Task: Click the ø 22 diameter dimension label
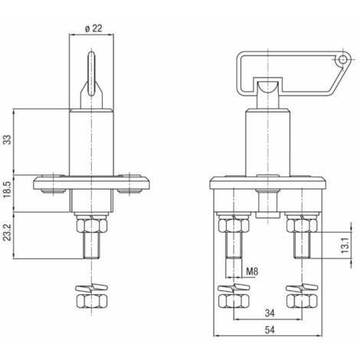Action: click(x=93, y=28)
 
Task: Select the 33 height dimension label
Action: click(x=8, y=139)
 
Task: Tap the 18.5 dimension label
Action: click(x=8, y=188)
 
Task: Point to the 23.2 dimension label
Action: click(x=8, y=232)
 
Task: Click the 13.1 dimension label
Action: click(x=345, y=244)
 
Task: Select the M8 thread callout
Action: click(x=252, y=271)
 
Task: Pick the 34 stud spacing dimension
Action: click(x=270, y=313)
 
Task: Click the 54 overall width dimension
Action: click(x=270, y=330)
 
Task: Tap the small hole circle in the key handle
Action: click(x=342, y=60)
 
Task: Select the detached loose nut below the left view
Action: click(x=91, y=301)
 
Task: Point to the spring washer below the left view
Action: click(x=91, y=288)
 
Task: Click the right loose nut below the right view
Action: click(x=302, y=301)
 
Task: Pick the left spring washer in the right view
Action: click(x=234, y=288)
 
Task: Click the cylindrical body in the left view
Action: click(x=91, y=142)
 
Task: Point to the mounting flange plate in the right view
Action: click(x=267, y=183)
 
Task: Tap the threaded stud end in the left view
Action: click(x=91, y=246)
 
